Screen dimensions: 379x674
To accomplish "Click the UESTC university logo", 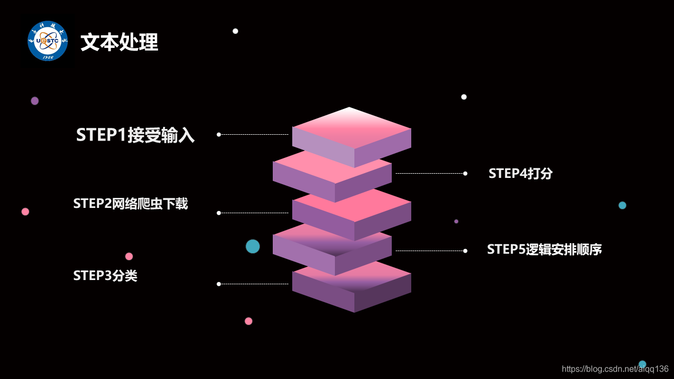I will [48, 41].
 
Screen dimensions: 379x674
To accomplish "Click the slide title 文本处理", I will [119, 43].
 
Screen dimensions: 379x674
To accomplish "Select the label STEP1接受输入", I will [135, 135].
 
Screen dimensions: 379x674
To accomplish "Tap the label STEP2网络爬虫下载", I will [131, 204].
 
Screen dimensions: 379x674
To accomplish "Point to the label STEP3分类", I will [105, 275].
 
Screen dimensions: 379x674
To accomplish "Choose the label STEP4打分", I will [520, 173].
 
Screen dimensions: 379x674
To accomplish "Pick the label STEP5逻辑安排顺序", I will [544, 249].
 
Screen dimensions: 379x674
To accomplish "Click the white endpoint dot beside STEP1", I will [219, 134].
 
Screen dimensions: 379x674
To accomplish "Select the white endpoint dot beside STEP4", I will [465, 173].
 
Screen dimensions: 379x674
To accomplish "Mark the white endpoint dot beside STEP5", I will [465, 251].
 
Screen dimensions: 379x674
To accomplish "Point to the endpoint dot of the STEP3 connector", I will [219, 284].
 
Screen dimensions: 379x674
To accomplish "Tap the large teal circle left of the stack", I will [253, 246].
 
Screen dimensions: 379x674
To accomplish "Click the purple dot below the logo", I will [35, 101].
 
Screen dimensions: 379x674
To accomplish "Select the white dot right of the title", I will [235, 31].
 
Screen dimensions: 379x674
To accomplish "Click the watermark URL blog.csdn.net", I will [615, 369].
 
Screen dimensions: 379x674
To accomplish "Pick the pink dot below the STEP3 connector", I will [249, 321].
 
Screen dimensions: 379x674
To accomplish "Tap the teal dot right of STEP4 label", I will [622, 205].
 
